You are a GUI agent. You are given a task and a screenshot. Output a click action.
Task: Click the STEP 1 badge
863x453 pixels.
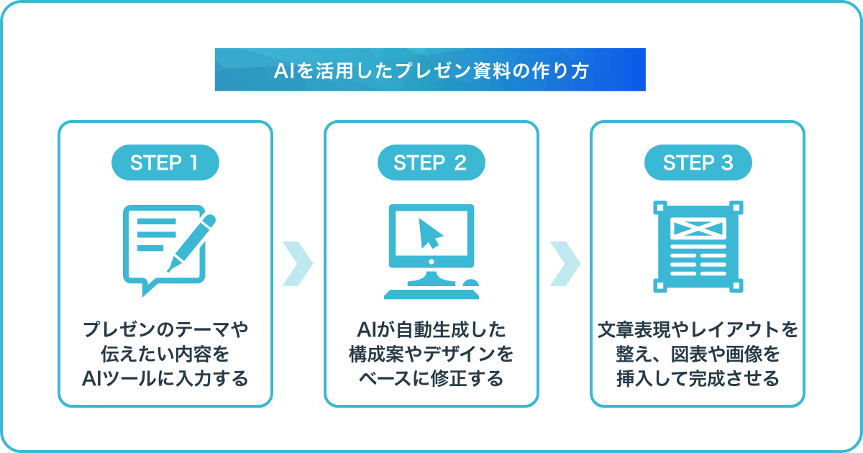(165, 163)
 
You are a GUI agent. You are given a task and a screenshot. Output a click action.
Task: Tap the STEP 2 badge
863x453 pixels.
(431, 163)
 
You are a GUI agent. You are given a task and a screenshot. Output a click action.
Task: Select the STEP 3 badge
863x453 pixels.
(698, 163)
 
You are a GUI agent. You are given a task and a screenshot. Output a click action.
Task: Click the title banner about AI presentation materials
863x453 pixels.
(430, 70)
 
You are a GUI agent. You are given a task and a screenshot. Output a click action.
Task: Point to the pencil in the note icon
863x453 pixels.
(191, 243)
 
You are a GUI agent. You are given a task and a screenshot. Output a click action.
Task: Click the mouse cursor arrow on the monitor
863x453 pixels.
(430, 234)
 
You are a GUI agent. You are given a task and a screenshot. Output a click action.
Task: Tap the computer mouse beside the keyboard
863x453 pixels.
(470, 283)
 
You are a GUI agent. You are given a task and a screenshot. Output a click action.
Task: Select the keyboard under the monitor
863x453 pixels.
(431, 294)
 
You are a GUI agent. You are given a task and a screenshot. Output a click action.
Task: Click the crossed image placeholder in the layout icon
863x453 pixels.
(698, 229)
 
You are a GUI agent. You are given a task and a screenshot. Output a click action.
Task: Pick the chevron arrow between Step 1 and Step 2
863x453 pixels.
(298, 264)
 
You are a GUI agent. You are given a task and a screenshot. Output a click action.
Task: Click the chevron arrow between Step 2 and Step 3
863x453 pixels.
(565, 264)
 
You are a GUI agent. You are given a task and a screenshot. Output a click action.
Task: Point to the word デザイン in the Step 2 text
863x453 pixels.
(460, 354)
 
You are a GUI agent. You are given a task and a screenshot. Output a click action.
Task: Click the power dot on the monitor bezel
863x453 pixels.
(431, 262)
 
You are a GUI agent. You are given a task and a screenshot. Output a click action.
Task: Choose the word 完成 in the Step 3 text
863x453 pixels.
(706, 378)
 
